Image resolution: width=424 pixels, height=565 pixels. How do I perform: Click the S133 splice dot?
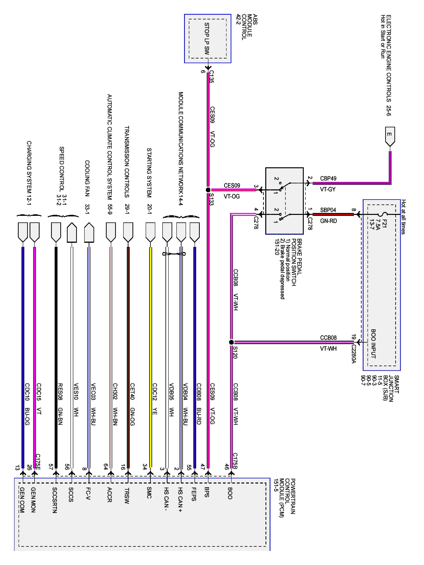click(208, 190)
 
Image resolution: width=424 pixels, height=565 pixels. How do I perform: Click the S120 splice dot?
click(231, 342)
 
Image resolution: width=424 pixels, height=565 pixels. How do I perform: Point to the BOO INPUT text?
click(373, 344)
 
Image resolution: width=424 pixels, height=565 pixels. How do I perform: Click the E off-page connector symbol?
click(390, 136)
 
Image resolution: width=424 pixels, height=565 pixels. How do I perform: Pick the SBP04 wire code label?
click(328, 210)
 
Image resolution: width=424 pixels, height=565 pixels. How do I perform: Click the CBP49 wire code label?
click(328, 179)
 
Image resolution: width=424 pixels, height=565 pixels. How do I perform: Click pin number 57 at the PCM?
click(51, 467)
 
